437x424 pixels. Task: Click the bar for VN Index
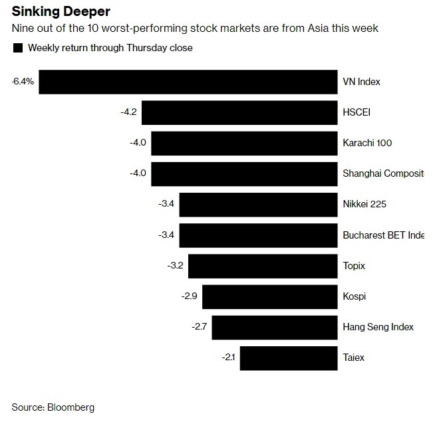(188, 82)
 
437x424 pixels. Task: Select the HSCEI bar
(239, 112)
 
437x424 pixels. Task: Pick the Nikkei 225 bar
(258, 204)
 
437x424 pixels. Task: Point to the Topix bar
(263, 266)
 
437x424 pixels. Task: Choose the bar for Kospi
(269, 296)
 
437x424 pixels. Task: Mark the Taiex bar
(289, 358)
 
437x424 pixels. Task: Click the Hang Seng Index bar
(274, 327)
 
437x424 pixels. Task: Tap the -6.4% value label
(23, 82)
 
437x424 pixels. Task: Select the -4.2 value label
(128, 112)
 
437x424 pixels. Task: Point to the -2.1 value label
(229, 358)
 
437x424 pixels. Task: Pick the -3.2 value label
(176, 266)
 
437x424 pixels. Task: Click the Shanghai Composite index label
(382, 173)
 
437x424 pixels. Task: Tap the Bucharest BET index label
(382, 235)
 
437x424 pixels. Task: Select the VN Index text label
(361, 82)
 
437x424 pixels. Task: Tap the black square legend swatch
(17, 48)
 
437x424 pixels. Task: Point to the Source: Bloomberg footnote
(53, 407)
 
